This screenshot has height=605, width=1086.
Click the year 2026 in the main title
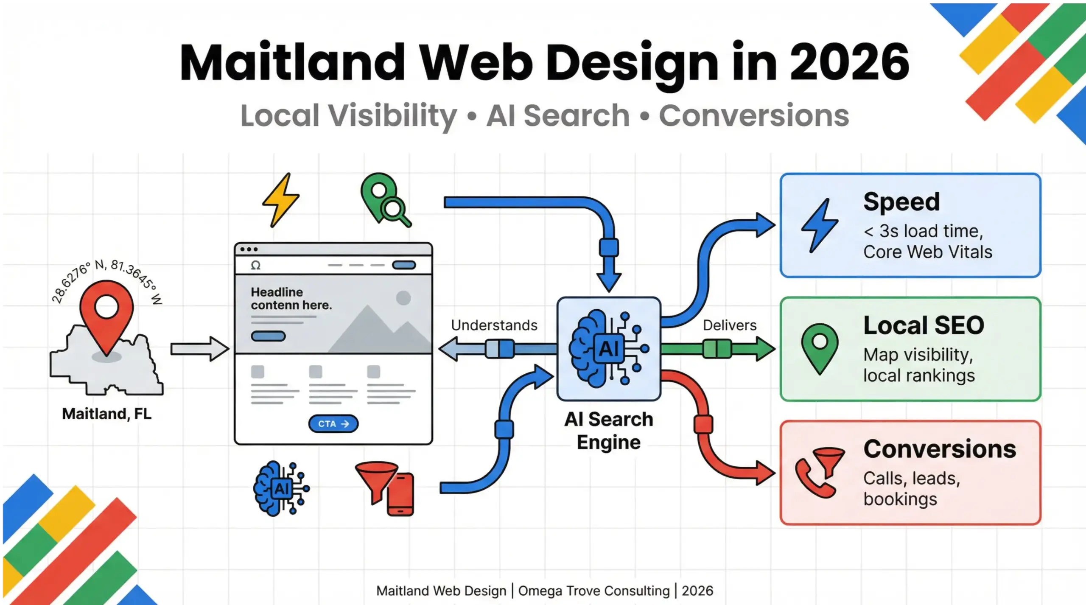pos(849,62)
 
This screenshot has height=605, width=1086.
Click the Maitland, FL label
pos(106,414)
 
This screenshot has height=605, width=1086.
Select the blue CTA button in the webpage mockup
pos(333,424)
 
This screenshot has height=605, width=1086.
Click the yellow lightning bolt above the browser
pos(281,199)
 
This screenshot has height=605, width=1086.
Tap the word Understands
pos(494,325)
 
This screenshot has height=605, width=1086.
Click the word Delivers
pos(729,325)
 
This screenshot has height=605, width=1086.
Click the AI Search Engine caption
pos(608,431)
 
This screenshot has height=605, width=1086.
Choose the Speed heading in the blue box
pos(901,202)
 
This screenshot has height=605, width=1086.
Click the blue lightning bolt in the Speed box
pos(819,225)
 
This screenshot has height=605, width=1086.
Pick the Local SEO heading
pos(924,325)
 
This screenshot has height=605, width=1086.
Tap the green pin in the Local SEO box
pos(820,347)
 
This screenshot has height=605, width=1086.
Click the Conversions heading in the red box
pos(940,449)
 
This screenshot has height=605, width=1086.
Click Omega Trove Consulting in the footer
pos(593,591)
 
